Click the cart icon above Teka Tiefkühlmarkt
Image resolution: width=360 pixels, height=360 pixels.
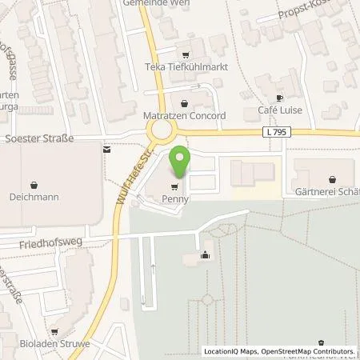point(186,55)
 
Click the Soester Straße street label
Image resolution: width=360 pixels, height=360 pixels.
point(39,138)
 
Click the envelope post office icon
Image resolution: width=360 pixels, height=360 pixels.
point(106,148)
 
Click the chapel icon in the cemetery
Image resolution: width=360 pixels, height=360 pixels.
point(206,255)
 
